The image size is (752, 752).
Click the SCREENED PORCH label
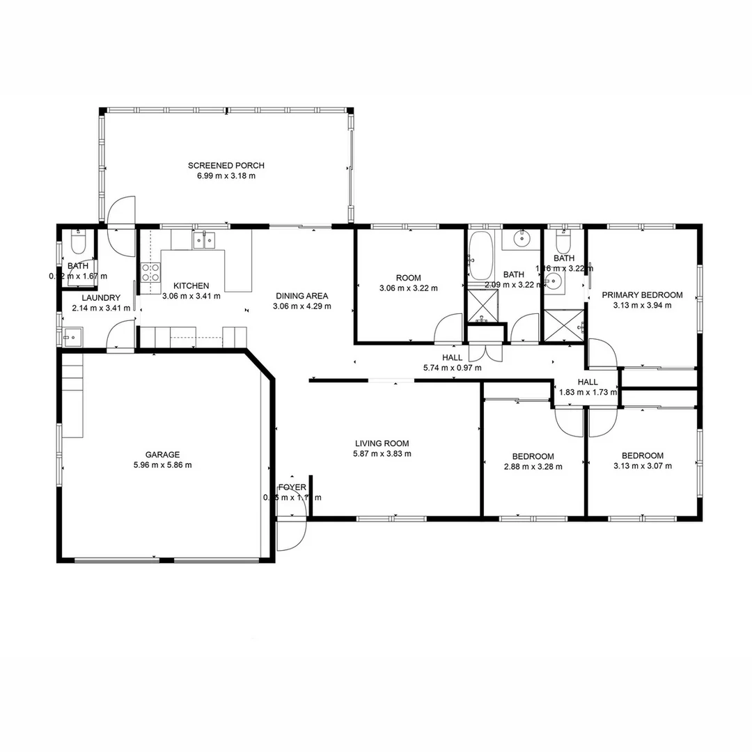[226, 166]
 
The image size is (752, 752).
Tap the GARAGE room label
[162, 455]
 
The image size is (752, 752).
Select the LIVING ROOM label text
[382, 443]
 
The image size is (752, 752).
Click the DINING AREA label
[301, 295]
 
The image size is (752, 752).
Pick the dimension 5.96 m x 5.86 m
[162, 465]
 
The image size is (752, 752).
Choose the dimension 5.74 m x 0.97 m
[452, 368]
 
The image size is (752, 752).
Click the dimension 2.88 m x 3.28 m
[533, 467]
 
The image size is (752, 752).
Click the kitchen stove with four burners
[150, 272]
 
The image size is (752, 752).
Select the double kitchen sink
[203, 241]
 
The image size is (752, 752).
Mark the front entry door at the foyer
[291, 535]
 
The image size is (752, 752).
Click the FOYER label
[291, 487]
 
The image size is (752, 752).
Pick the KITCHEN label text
[191, 285]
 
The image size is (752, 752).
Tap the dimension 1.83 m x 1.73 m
[588, 392]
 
